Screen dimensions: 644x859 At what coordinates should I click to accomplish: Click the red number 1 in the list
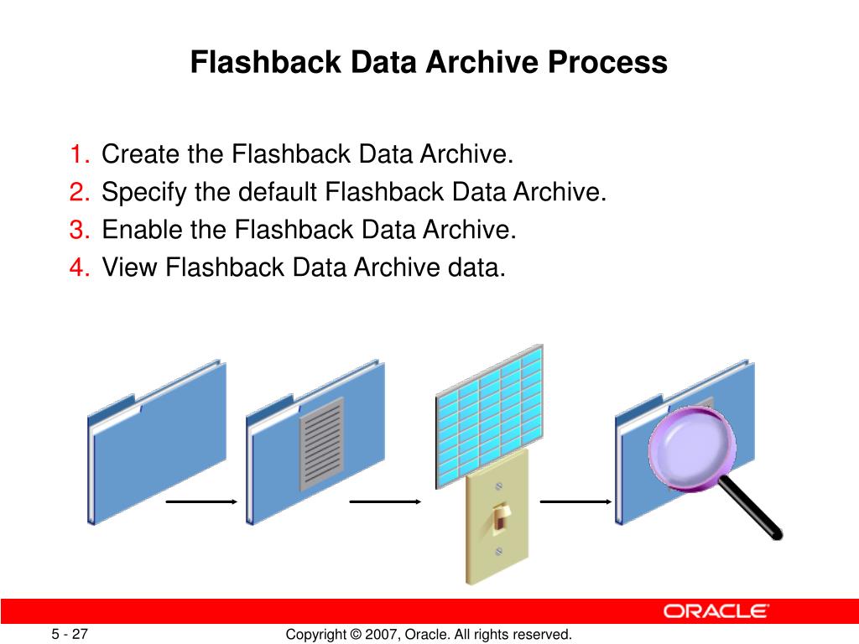pyautogui.click(x=80, y=155)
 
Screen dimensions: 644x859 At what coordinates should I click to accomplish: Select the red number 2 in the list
pyautogui.click(x=80, y=193)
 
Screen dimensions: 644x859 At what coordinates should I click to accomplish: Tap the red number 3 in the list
pyautogui.click(x=80, y=230)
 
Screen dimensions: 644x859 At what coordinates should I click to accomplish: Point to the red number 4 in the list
pyautogui.click(x=80, y=267)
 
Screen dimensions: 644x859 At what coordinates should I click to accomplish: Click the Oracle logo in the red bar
pyautogui.click(x=716, y=611)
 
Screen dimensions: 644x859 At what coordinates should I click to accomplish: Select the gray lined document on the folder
pyautogui.click(x=322, y=444)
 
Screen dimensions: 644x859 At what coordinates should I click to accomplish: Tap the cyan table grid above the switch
pyautogui.click(x=489, y=411)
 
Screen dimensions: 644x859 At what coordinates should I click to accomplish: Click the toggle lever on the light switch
pyautogui.click(x=500, y=517)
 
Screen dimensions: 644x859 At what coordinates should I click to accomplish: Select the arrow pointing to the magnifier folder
pyautogui.click(x=575, y=501)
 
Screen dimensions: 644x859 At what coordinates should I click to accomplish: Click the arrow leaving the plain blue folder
pyautogui.click(x=201, y=501)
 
